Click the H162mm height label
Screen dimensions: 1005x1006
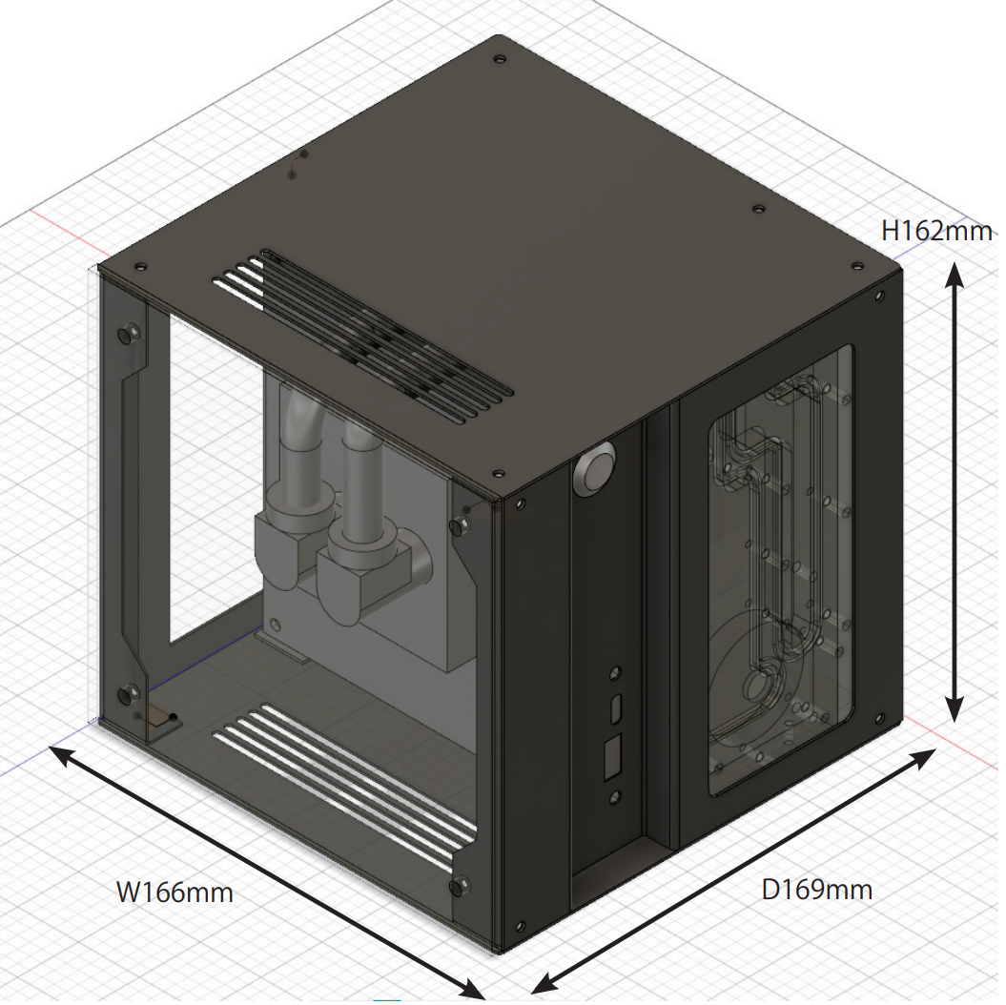935,230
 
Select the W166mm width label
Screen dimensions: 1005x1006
175,892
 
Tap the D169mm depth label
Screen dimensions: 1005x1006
816,890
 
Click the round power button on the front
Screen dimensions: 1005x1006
597,470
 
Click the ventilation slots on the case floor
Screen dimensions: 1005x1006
343,782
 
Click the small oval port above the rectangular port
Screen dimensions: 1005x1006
616,709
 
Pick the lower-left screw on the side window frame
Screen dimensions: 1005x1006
130,694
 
